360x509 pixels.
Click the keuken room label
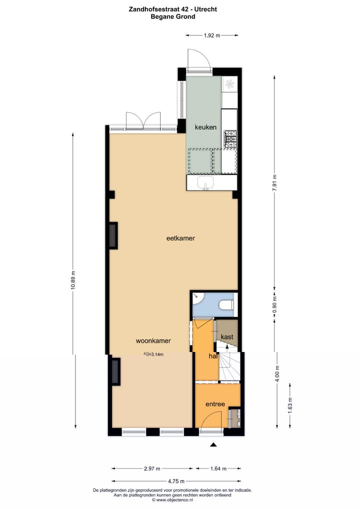pos(205,127)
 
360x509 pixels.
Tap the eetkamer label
pos(180,238)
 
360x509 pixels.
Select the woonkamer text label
pos(153,340)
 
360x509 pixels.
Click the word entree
pos(215,404)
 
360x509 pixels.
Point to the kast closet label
pos(227,336)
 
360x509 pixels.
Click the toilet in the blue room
pos(226,304)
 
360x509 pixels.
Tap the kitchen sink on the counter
pos(205,182)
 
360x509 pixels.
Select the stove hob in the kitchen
pos(229,139)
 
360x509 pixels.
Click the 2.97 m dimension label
pos(151,468)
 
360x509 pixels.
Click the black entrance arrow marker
pos(213,444)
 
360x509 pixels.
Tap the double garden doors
pos(143,121)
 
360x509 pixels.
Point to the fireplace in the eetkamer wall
pos(113,235)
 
